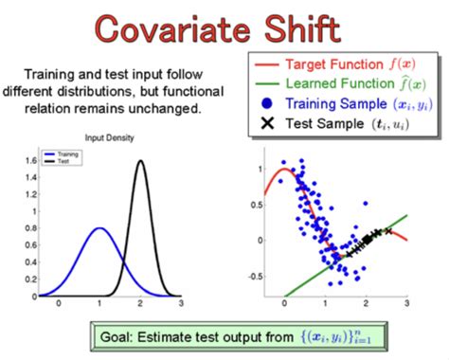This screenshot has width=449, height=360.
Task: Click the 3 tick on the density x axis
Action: click(181, 301)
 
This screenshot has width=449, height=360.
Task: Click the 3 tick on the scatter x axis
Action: click(406, 301)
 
